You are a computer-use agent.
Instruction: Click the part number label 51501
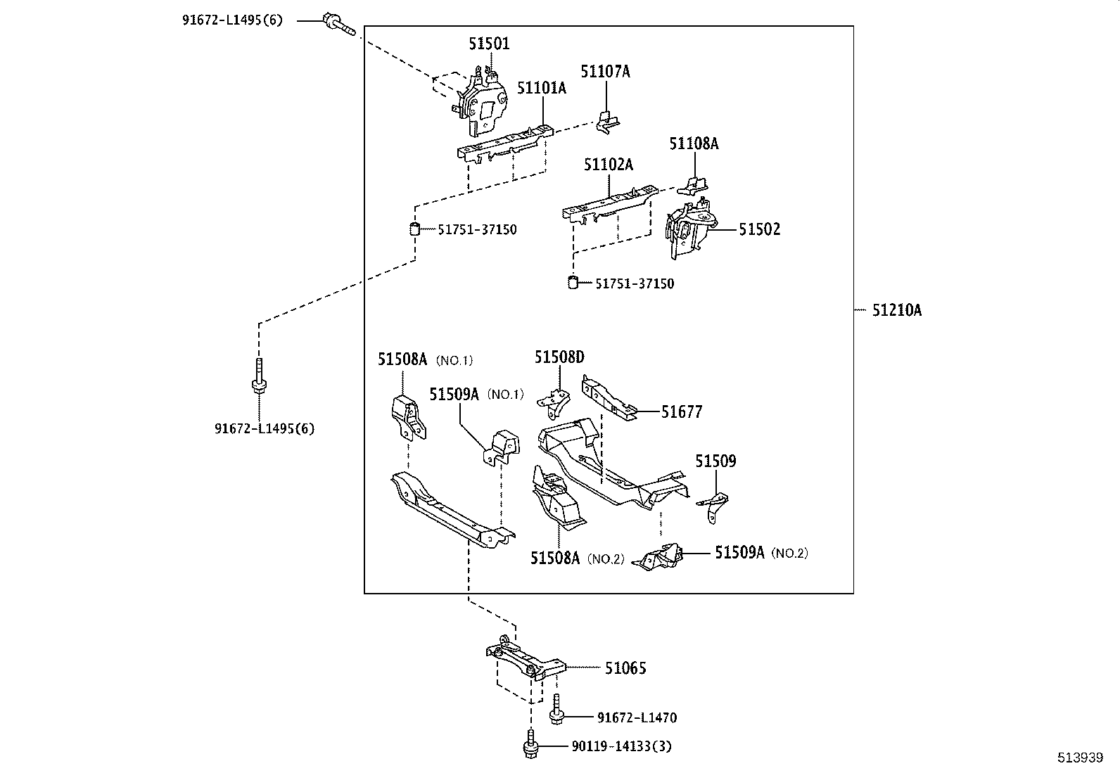point(489,44)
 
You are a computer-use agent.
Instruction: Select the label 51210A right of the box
point(896,310)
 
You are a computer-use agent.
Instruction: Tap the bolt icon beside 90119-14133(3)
point(530,746)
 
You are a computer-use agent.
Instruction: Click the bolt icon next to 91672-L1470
point(556,712)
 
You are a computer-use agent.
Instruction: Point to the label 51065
point(625,668)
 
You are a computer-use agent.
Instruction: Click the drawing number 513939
point(1081,758)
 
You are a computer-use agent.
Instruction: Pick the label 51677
point(681,412)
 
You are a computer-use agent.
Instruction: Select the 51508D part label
point(559,357)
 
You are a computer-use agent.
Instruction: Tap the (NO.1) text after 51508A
point(454,360)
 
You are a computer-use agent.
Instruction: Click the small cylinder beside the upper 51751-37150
point(415,229)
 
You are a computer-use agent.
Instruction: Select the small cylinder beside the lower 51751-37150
point(573,283)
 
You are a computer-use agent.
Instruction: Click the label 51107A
point(605,71)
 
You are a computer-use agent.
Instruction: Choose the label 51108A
point(694,143)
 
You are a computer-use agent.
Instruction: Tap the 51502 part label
point(759,229)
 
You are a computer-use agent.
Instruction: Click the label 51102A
point(608,165)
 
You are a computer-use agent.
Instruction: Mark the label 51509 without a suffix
point(715,461)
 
